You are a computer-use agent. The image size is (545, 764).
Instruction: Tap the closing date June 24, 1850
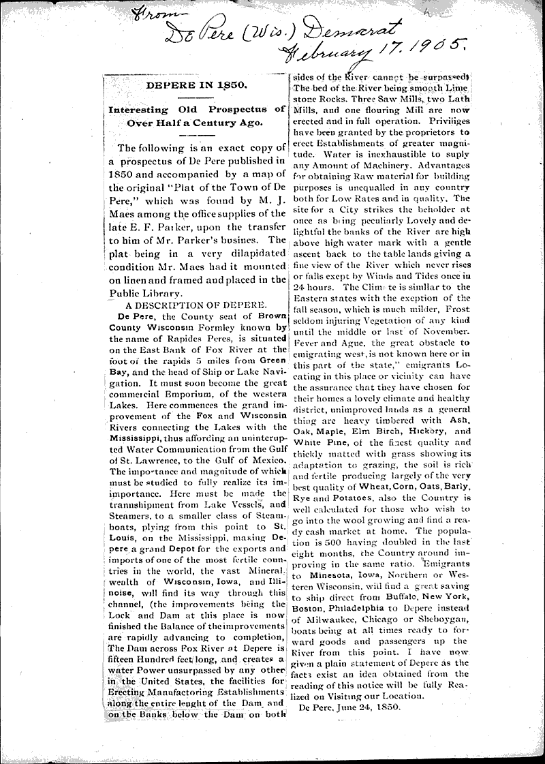(352, 707)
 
